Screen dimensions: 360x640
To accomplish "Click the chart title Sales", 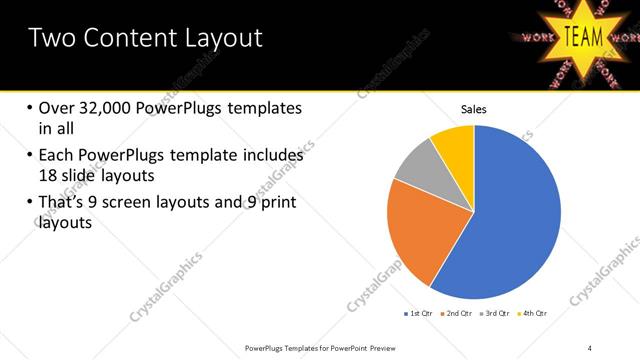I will tap(473, 108).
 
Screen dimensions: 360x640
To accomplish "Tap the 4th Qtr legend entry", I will tap(535, 313).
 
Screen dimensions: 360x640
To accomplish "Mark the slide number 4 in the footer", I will tap(590, 348).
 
